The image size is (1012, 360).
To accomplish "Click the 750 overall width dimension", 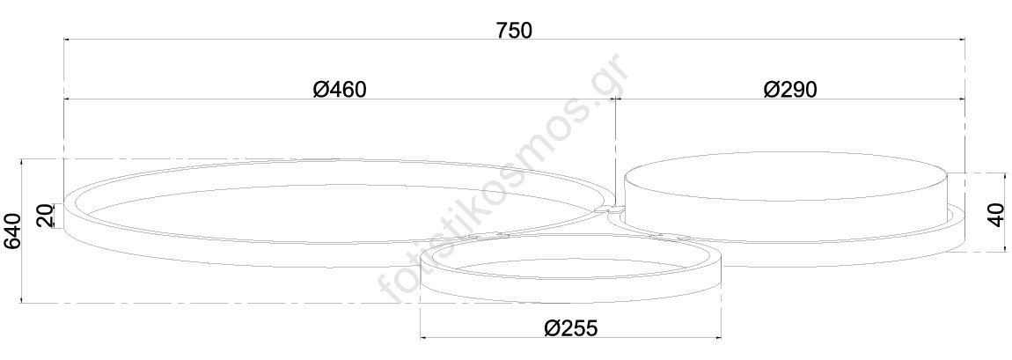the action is (x=515, y=30).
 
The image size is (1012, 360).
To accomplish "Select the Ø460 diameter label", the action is (x=341, y=89).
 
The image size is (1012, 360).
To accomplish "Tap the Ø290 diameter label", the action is (x=790, y=89).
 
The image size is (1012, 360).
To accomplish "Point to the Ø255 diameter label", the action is (x=571, y=327).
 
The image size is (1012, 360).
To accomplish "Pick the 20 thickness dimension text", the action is (x=45, y=217).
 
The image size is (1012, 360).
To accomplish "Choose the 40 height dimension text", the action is (x=996, y=214).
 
